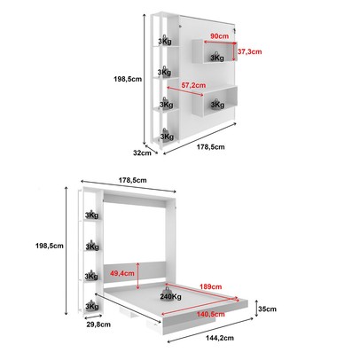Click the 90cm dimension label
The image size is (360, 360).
point(214,37)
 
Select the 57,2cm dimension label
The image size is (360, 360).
point(193,85)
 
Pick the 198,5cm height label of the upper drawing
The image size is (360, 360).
point(129,78)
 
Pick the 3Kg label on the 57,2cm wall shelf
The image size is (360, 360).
point(217,103)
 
